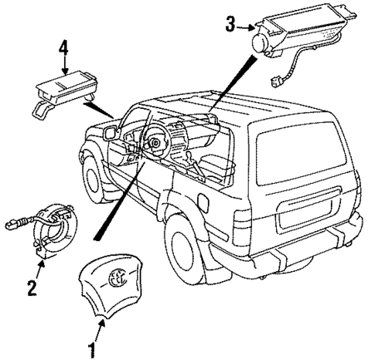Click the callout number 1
tap(94, 350)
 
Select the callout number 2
tap(32, 289)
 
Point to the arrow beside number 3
tap(246, 27)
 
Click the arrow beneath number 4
tap(63, 72)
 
